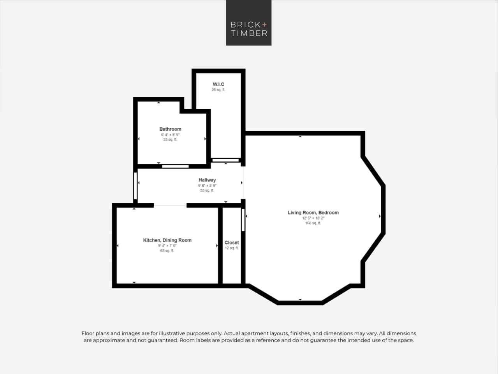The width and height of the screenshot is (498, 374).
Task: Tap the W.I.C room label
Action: click(218, 84)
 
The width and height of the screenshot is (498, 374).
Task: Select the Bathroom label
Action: click(170, 129)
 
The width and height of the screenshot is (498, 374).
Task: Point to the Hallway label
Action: click(207, 180)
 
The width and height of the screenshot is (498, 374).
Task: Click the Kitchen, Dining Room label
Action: click(167, 240)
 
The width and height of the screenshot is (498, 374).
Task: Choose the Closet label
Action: click(232, 243)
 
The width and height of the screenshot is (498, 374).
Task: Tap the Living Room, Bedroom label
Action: click(313, 213)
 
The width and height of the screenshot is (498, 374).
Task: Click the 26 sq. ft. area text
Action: click(218, 90)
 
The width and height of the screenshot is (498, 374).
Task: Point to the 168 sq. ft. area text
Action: click(313, 223)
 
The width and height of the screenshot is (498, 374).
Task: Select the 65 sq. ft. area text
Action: click(167, 251)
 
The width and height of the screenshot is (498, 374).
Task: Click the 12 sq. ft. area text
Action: click(232, 248)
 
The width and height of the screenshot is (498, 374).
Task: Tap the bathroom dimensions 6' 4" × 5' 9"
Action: click(170, 135)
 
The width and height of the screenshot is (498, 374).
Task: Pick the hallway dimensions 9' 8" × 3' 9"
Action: click(207, 186)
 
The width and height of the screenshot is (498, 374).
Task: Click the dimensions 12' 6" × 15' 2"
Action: click(313, 218)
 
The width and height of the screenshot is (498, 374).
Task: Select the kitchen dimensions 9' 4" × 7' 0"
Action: click(167, 246)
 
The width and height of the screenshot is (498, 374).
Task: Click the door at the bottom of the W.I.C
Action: click(225, 160)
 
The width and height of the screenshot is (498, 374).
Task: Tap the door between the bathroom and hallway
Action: click(175, 167)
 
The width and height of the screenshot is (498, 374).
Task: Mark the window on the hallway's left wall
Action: click(135, 186)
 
